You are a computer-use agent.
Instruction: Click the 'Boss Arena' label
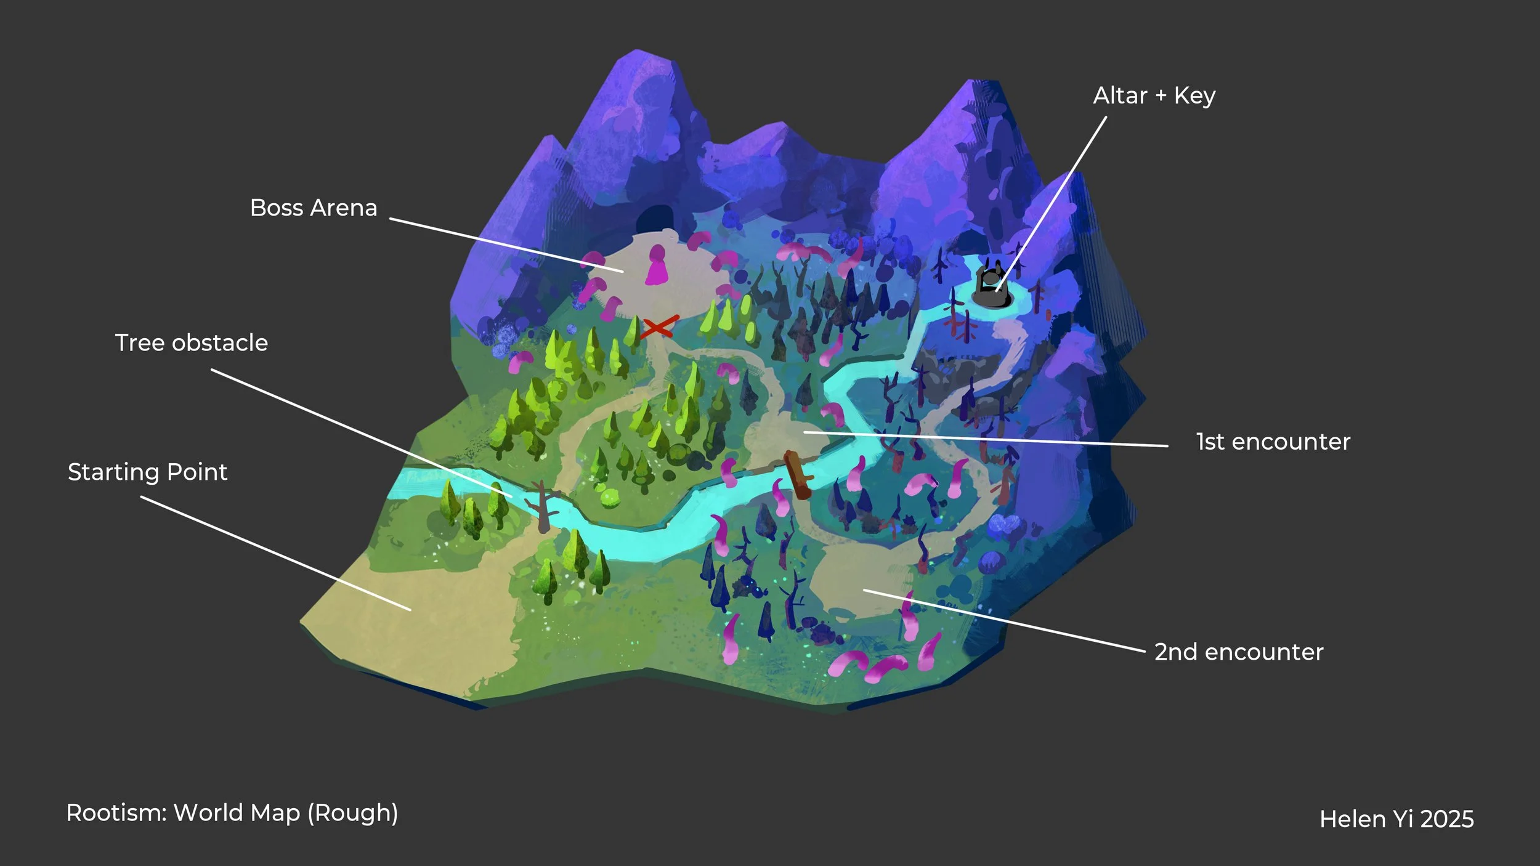pos(313,208)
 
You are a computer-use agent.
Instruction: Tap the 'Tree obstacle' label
pos(191,343)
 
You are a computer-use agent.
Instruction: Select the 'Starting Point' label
pos(147,472)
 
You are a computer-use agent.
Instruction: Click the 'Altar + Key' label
pos(1154,96)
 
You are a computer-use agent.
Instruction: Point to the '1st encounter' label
pos(1273,442)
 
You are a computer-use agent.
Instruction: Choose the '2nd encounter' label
pos(1238,652)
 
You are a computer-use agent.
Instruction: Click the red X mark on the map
pos(659,327)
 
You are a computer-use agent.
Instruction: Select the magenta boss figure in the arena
pos(657,266)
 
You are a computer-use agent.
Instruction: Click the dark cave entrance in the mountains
pos(655,217)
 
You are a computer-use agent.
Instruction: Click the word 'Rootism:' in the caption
pos(116,813)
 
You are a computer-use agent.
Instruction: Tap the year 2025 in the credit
pos(1447,819)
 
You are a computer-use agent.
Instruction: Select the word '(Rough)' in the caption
pos(352,813)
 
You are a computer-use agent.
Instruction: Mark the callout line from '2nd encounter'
pos(1004,620)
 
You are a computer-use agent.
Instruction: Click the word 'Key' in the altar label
pos(1194,96)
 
